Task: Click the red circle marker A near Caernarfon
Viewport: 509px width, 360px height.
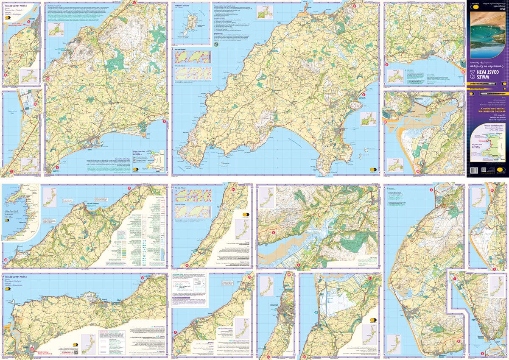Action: (x=29, y=21)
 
